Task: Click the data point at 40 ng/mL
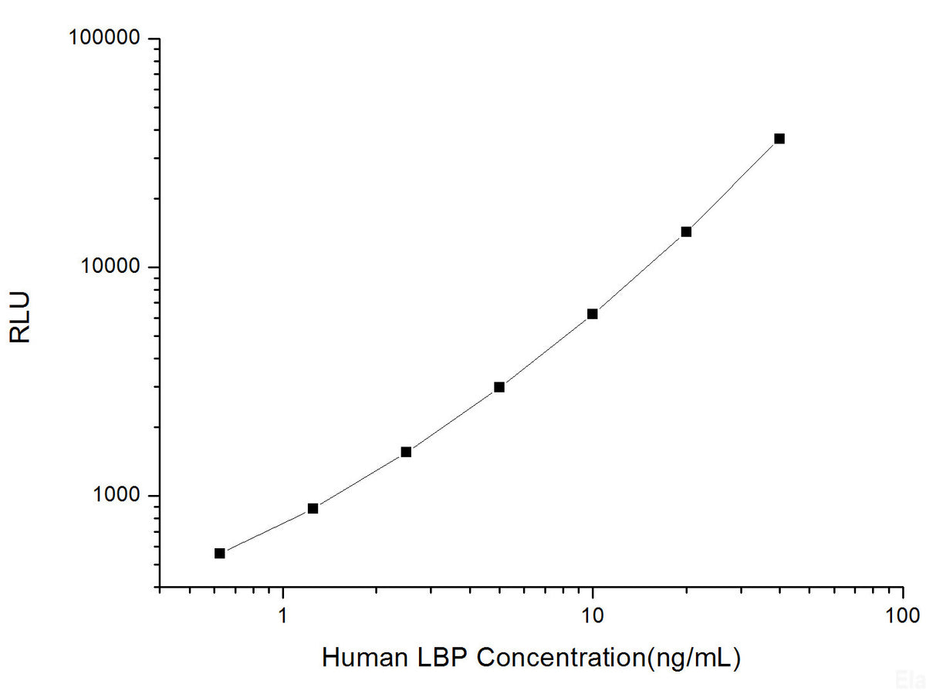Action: [x=779, y=139]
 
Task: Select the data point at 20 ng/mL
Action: [x=686, y=231]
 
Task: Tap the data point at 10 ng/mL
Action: [x=593, y=314]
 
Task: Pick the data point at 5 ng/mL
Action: [x=499, y=387]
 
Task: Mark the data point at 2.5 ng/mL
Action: [x=406, y=452]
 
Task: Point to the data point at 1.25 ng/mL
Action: [x=313, y=508]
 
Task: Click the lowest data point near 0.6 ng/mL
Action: [x=220, y=553]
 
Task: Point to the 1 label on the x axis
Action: [x=283, y=615]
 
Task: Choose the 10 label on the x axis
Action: [x=593, y=615]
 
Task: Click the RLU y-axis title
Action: [x=21, y=316]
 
